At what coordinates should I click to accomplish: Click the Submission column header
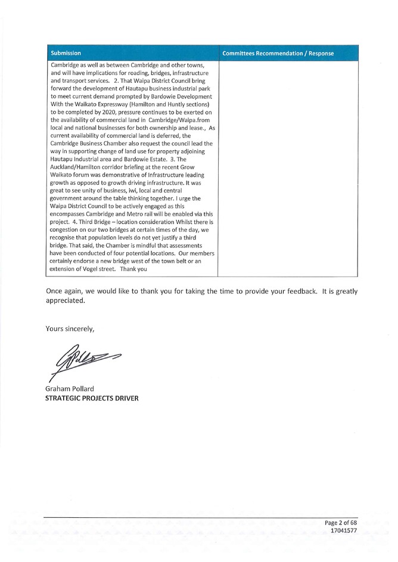(66, 53)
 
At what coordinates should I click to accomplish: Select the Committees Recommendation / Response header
(277, 54)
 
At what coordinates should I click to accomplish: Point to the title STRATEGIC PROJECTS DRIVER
(92, 398)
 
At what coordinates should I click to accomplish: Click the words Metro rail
(144, 213)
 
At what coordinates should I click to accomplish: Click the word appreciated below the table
(65, 300)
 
